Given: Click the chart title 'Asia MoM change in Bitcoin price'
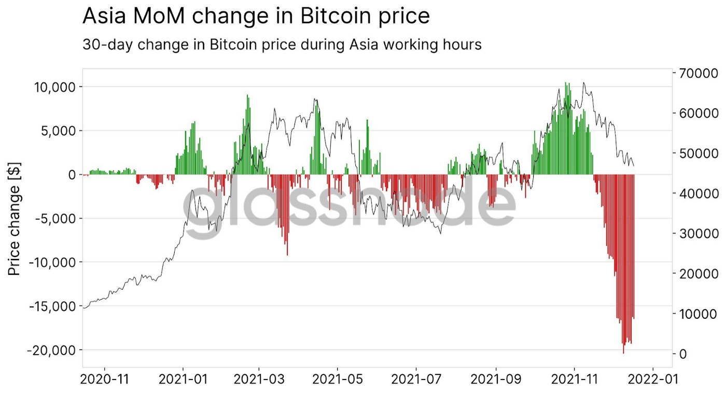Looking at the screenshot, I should (x=256, y=17).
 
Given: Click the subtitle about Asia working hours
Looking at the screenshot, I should (x=282, y=45).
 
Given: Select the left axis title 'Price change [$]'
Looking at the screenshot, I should (x=15, y=218).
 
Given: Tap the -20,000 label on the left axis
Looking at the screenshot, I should (x=50, y=350).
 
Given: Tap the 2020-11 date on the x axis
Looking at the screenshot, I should (x=105, y=380).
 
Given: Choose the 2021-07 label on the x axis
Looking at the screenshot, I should (x=416, y=380).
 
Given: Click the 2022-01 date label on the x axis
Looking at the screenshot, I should (x=652, y=380).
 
